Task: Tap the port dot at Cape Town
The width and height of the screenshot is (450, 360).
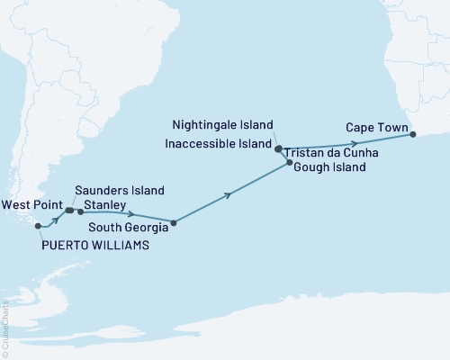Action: pyautogui.click(x=413, y=135)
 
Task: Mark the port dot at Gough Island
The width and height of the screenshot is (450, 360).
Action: pyautogui.click(x=289, y=162)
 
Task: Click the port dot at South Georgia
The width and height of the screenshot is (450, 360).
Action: pyautogui.click(x=174, y=221)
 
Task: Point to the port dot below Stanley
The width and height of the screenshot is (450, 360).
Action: pyautogui.click(x=81, y=212)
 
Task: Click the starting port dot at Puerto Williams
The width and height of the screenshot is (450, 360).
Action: pyautogui.click(x=38, y=226)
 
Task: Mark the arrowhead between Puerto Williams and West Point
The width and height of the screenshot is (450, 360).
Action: pyautogui.click(x=58, y=218)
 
